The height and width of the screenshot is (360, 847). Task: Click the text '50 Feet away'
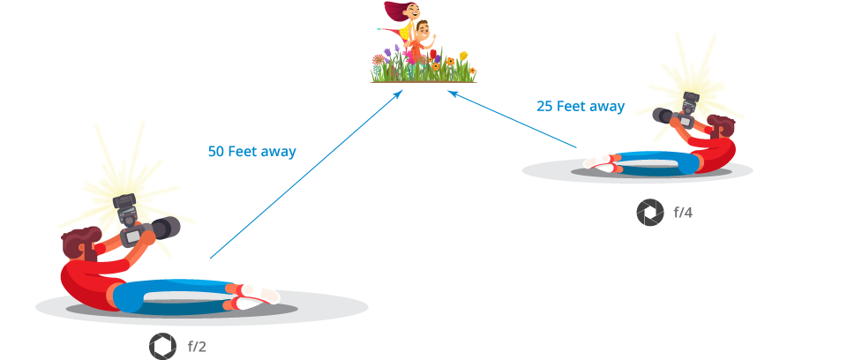252,151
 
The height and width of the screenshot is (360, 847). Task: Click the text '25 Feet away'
581,107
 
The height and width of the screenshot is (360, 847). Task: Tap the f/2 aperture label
197,347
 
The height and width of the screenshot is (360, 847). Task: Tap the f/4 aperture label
683,213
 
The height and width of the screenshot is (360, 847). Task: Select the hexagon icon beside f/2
162,347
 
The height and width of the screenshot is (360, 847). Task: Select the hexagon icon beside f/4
650,213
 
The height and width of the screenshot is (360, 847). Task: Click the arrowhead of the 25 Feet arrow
452,91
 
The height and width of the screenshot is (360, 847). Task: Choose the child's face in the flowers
423,33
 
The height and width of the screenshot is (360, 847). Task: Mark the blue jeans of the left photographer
176,295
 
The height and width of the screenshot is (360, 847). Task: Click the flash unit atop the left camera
126,204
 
